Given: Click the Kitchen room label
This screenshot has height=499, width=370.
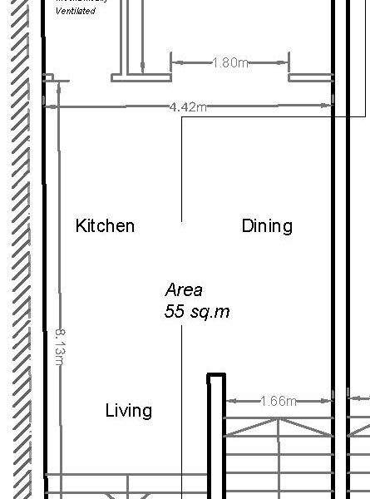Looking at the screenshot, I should coord(105,225).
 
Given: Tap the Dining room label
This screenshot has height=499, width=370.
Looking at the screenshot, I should coord(267,225).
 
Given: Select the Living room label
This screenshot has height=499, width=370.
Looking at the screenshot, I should coord(129,410).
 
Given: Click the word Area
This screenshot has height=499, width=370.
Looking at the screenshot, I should coord(184,290).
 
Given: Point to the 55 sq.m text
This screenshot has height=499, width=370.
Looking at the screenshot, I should coord(197,312).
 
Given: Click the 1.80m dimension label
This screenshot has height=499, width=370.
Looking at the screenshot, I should coord(230,62).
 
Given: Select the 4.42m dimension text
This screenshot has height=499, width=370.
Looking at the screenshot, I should coord(189,106).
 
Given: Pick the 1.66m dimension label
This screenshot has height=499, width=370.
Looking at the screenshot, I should coord(279,401).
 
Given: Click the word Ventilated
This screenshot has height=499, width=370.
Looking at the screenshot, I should coord(76,11).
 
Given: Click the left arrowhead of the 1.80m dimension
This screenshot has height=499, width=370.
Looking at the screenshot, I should coord(175,62).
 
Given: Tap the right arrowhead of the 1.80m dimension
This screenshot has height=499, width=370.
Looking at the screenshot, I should coord(285,62).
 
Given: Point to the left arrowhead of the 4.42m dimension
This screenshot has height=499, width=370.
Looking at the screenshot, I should coord(51,106).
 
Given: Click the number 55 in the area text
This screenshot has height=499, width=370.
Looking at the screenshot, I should coord(175,312).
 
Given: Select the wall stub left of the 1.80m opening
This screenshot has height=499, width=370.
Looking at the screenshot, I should coord(141,77).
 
